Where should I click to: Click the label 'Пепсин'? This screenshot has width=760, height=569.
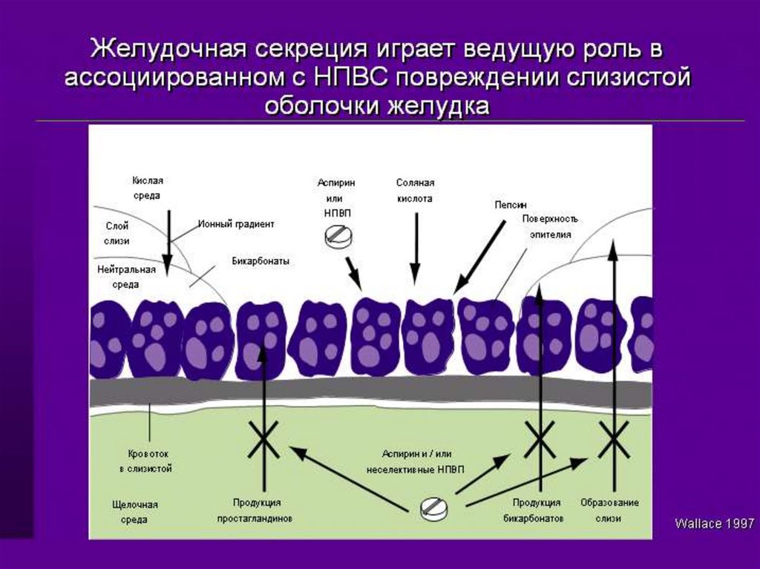pos(510,205)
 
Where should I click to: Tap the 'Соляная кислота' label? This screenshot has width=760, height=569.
pos(415,191)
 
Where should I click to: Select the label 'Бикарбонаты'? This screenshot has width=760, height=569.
pos(261,261)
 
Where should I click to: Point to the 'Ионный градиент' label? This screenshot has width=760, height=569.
pos(236,224)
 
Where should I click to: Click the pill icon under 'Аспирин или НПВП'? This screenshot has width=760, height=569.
pos(338,237)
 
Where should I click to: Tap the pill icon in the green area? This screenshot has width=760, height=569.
pos(433,509)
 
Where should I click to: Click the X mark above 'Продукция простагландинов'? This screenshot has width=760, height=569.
pos(263,439)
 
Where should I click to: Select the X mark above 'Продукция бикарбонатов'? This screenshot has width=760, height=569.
pos(540,439)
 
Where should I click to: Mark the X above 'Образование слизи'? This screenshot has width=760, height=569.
pos(614,439)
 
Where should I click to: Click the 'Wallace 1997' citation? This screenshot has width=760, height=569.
pos(714,524)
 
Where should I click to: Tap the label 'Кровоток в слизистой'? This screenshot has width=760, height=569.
pos(145,461)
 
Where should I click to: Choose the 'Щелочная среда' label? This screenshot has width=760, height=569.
pos(134,512)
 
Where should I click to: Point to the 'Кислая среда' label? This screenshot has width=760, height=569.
pos(148,188)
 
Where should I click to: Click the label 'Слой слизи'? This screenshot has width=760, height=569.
pos(117,233)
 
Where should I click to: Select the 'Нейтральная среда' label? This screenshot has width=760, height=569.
pos(126,277)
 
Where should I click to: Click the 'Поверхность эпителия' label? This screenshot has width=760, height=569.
pos(550,226)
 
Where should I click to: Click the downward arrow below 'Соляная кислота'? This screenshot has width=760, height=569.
pos(416,249)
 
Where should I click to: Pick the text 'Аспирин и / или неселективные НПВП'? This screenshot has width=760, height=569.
pos(416,461)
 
